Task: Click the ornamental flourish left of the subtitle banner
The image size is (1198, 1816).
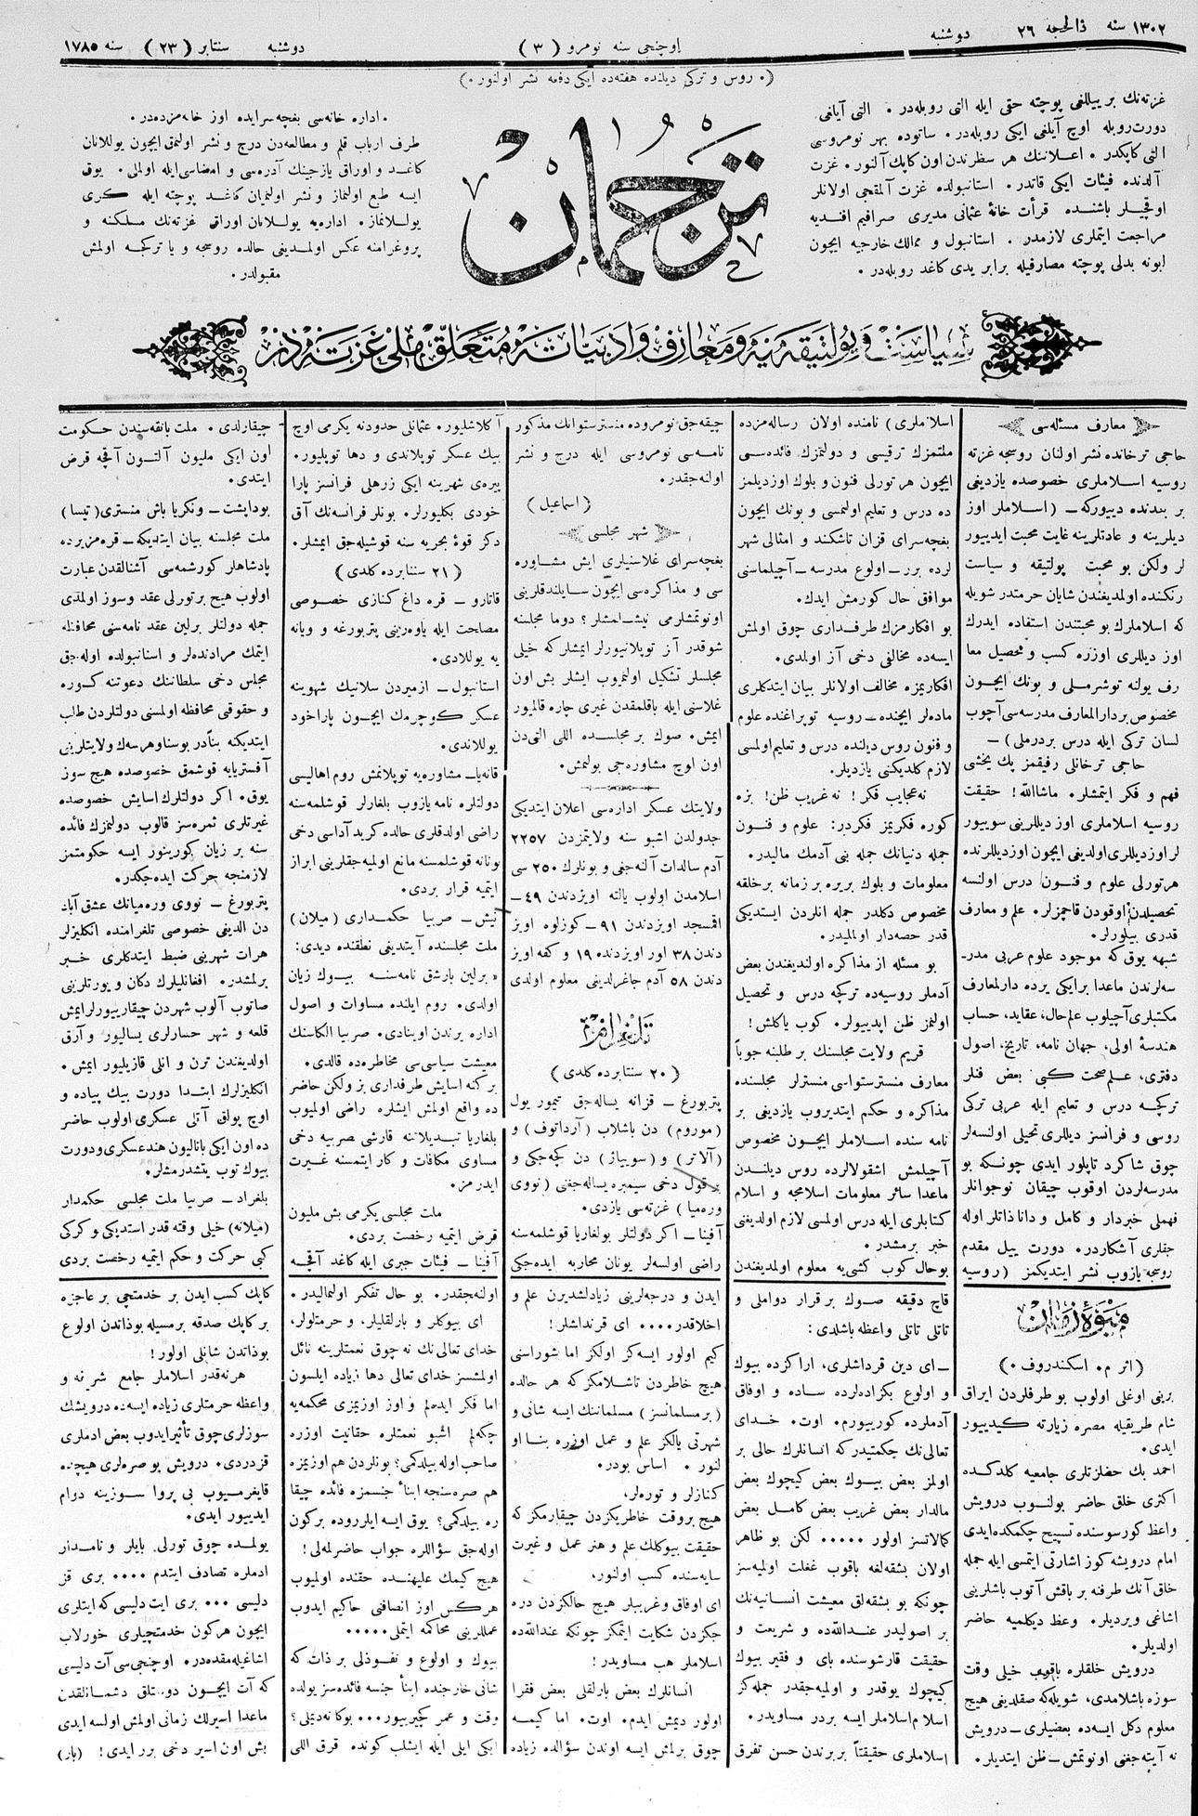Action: [x=194, y=352]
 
